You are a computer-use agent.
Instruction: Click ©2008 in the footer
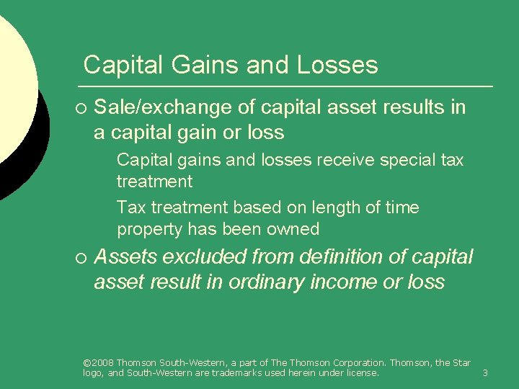[x=98, y=362]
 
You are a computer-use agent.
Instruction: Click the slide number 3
[x=485, y=372]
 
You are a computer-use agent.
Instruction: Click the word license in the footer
[x=361, y=372]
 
